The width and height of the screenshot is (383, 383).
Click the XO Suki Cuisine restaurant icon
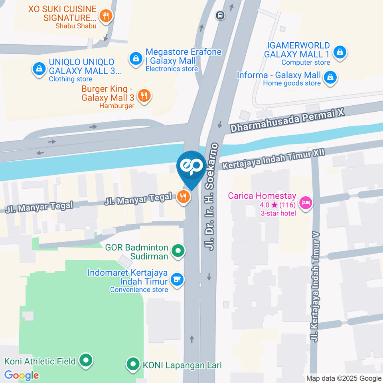(105, 16)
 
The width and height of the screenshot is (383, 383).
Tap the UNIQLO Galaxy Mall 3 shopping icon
(39, 68)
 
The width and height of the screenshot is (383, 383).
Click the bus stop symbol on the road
(219, 16)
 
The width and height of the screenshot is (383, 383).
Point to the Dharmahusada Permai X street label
(287, 121)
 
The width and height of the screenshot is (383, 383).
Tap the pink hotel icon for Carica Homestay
(306, 202)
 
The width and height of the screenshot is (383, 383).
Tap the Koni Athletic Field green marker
(85, 361)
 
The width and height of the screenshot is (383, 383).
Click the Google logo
(22, 375)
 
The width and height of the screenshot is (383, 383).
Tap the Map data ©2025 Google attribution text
(344, 378)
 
